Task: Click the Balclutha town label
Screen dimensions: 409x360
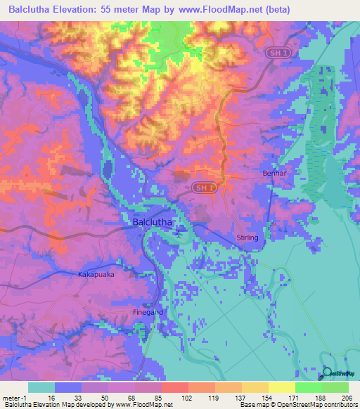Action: [x=155, y=223]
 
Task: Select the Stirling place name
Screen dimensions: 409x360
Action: [x=247, y=238]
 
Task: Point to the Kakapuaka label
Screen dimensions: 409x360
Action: [x=96, y=275]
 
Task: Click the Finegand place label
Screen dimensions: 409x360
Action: [x=148, y=312]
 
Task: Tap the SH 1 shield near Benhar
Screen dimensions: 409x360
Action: [x=203, y=188]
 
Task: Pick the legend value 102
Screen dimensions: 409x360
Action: [x=167, y=397]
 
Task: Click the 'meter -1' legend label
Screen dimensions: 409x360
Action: [x=14, y=397]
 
